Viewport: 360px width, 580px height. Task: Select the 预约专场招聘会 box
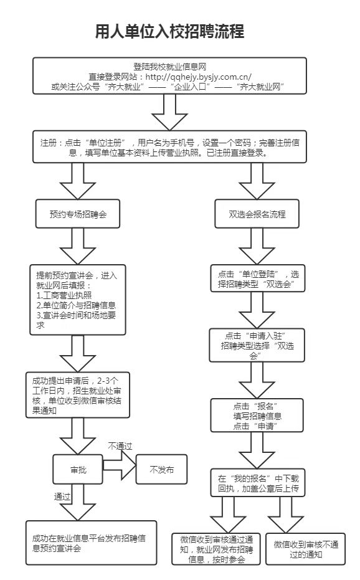78,214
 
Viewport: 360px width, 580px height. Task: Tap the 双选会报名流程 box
257,214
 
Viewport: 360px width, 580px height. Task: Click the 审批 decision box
78,470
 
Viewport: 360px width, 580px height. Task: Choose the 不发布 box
161,470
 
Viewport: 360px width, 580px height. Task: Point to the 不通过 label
120,446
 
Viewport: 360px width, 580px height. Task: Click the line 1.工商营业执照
64,295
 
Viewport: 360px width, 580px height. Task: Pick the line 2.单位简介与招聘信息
76,306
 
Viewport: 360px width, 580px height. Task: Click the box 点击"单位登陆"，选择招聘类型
258,279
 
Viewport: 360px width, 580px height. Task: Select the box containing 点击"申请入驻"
258,345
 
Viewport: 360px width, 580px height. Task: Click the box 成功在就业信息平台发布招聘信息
91,542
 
